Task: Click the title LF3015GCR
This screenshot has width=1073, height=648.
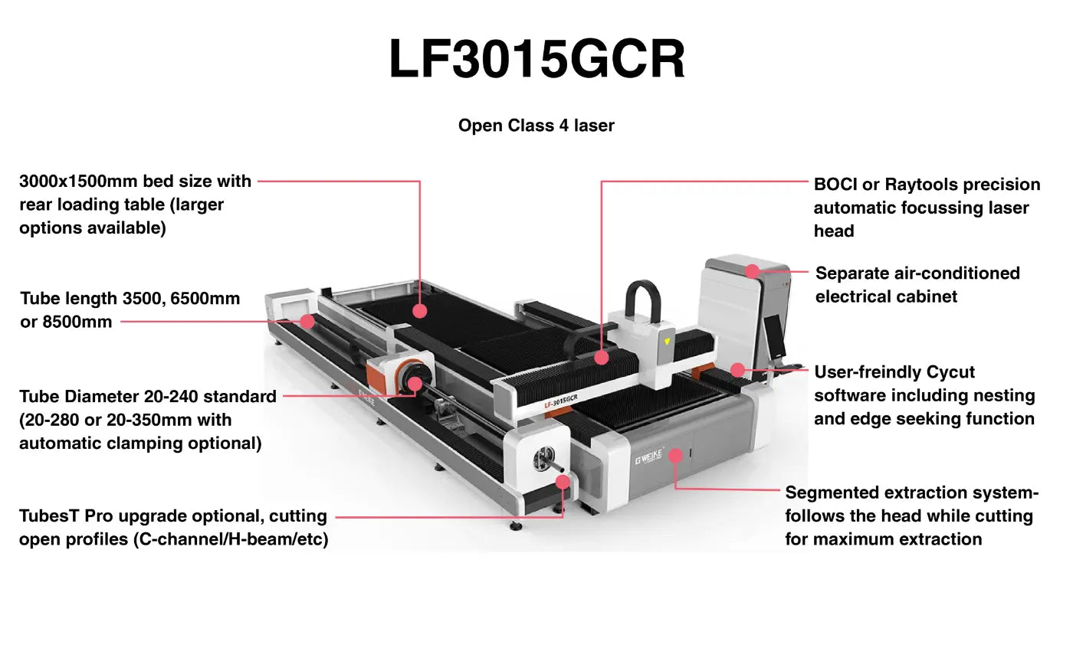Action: [x=536, y=60]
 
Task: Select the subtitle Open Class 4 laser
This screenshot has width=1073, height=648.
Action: [x=536, y=126]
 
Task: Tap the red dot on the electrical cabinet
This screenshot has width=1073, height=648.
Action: [x=753, y=271]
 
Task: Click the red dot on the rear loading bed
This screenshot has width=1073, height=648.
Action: [x=419, y=310]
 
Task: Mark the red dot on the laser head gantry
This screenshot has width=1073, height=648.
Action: [x=602, y=357]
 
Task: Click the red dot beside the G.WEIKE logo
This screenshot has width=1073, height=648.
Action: [x=675, y=456]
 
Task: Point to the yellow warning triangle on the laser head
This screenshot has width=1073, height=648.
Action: [x=668, y=341]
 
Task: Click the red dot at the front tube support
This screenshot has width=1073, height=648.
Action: [x=563, y=482]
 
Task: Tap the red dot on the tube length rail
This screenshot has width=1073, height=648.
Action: [x=307, y=321]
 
